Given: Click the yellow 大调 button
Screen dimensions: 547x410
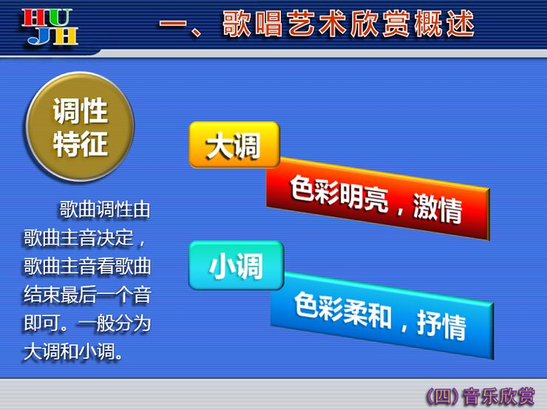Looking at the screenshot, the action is coord(234,145).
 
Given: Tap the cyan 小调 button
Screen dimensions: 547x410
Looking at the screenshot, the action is coord(237,266).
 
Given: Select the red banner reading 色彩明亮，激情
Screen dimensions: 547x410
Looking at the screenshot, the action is coord(378,199).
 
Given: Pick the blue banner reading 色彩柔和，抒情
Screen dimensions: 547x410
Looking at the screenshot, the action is coord(382,315).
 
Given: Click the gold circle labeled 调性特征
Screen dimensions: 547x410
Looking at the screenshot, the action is coord(80,126).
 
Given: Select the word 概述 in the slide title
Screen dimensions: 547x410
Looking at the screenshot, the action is coord(444,24).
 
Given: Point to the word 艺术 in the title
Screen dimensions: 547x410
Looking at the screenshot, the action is coord(317,24).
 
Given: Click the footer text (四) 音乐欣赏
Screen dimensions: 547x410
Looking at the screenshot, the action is coord(480,397).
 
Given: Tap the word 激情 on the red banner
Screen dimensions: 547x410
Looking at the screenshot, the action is coord(438,208).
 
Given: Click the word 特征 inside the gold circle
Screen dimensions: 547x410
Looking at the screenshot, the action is coord(81,143).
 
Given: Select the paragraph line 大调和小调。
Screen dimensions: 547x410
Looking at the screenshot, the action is coord(73,352).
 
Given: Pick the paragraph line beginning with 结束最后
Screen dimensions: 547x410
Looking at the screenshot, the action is coord(87,295).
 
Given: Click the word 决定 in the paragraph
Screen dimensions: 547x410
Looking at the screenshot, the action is coord(115,238).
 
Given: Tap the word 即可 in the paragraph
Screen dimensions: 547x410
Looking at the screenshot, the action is coord(42,323).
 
